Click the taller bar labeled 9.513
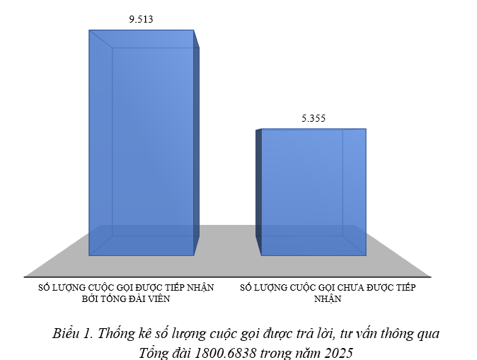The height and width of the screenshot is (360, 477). point(142,141)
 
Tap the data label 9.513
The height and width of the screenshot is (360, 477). point(140,20)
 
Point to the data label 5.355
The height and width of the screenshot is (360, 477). point(312,118)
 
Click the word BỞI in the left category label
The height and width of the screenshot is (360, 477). point(93,298)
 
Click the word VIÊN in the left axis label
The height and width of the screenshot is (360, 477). point(159,298)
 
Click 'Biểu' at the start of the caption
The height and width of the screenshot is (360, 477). point(65,333)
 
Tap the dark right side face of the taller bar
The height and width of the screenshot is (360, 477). point(196,141)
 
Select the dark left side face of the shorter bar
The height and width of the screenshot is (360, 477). point(258,191)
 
